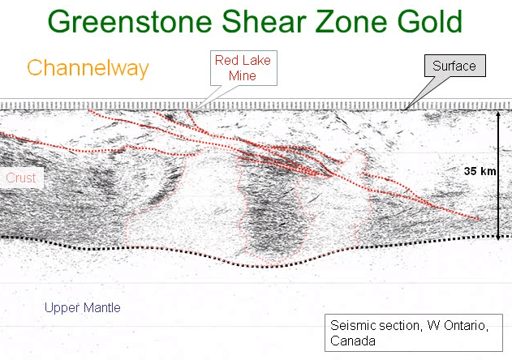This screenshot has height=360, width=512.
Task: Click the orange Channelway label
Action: (88, 68)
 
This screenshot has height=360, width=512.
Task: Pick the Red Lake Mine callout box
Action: (242, 68)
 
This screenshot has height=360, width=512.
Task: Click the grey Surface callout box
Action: (454, 66)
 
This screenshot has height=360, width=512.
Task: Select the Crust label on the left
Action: (20, 178)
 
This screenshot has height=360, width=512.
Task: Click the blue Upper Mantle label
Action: (82, 307)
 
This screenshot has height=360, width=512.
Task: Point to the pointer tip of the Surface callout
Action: (406, 108)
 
